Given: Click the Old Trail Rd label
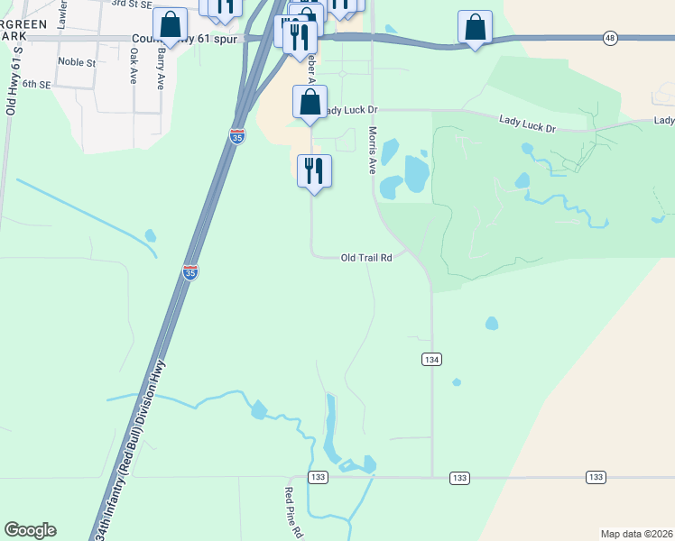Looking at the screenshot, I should [366, 258].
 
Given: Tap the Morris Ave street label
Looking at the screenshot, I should [372, 150].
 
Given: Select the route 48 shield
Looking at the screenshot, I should [611, 38].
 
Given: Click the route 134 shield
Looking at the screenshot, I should [431, 360].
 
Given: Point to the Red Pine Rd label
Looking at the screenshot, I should [292, 512].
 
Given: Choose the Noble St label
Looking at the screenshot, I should [77, 62].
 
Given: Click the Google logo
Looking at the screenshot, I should [30, 530].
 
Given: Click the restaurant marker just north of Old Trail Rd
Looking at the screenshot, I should [314, 170].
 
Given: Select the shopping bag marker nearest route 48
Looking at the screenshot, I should [475, 27].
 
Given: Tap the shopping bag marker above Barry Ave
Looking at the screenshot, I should [170, 25].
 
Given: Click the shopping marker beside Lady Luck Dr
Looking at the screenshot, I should [310, 102].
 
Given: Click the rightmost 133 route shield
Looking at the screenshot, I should [596, 477].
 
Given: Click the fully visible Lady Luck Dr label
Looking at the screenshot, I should [529, 122].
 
